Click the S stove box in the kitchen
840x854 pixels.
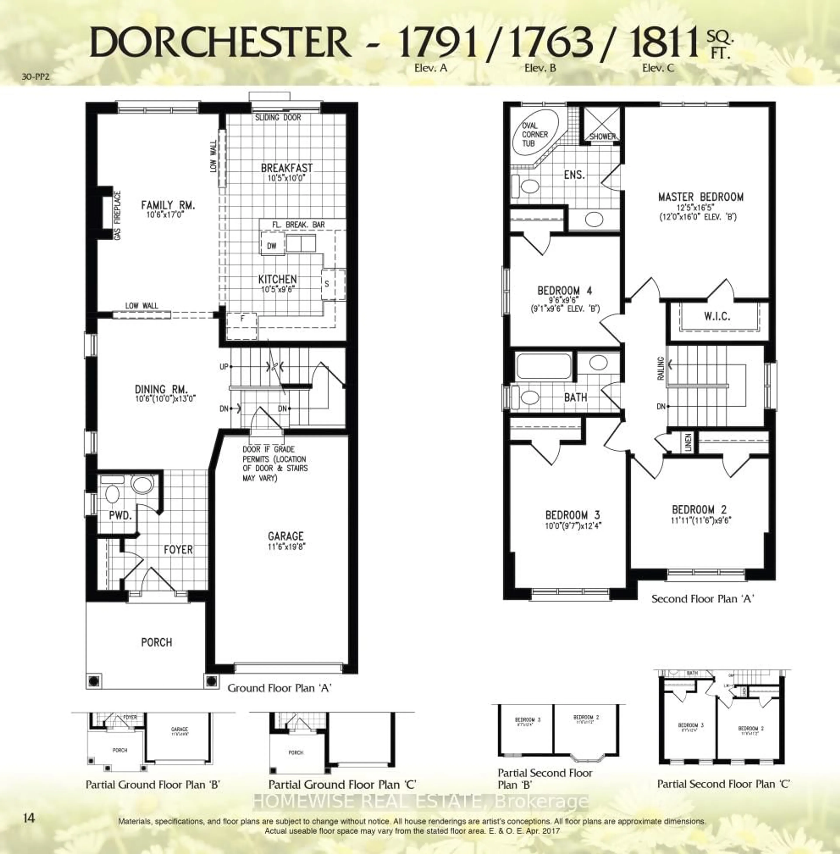coord(327,284)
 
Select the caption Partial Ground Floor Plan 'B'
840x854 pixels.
coord(153,784)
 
